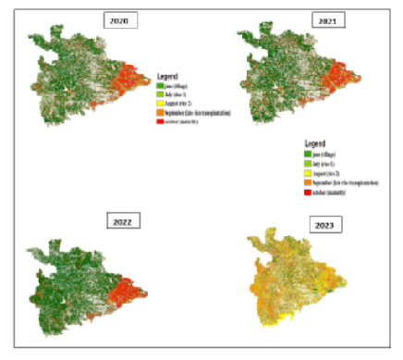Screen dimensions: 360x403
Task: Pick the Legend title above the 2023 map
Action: [315, 143]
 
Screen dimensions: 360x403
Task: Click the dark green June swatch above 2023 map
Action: [306, 153]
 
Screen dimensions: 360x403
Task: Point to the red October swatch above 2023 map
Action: [306, 192]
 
